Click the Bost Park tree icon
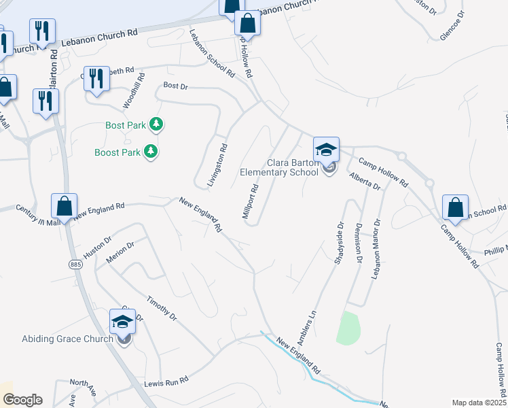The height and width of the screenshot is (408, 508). point(158,124)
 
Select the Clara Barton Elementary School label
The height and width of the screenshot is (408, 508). point(279,167)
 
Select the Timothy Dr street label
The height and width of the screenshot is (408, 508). point(162,307)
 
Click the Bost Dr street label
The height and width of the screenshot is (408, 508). point(175,86)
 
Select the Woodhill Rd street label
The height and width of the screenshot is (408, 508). point(134,92)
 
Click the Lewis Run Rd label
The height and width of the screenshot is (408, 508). point(166,384)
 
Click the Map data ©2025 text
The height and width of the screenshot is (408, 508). point(478,403)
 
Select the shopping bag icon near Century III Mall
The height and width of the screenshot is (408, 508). point(64,207)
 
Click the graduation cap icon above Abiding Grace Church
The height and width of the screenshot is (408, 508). point(122,322)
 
